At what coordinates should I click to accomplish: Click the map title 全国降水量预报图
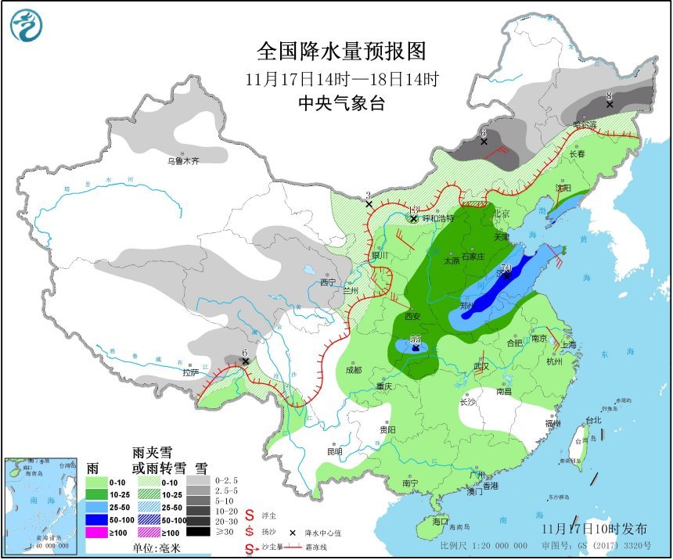tap(342, 52)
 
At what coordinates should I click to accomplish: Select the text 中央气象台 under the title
tap(342, 103)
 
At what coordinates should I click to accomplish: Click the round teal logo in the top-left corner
tap(25, 26)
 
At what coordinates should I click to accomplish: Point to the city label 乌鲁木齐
tap(182, 160)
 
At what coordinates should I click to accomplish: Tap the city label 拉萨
tap(190, 372)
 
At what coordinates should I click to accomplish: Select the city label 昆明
tap(334, 451)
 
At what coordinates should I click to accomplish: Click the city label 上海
tap(569, 344)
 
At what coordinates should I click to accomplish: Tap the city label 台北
tap(594, 420)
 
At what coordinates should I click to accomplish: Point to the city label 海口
tap(440, 521)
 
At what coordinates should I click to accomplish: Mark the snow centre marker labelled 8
tap(609, 103)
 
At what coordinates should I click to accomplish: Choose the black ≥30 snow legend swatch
tap(201, 532)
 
